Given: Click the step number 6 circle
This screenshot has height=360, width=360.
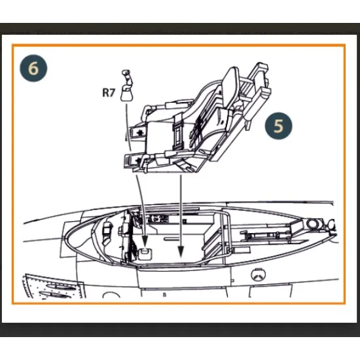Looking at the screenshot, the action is [x=33, y=68].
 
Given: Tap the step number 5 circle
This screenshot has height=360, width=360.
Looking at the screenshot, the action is [x=278, y=126].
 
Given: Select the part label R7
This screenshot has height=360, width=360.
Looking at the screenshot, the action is [x=108, y=93].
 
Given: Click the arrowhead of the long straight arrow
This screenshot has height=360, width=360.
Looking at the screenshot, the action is [x=181, y=251].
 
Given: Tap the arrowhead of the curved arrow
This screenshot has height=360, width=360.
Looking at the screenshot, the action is [x=145, y=240].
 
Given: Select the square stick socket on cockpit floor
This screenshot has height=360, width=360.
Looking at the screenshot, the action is [x=145, y=254].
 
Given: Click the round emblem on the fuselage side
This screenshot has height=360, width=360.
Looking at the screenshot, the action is [x=258, y=275].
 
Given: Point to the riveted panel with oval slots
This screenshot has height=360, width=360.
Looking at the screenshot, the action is [x=53, y=287].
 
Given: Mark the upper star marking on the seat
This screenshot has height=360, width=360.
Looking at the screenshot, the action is [x=139, y=132].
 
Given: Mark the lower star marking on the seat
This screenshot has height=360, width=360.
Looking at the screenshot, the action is [x=138, y=160].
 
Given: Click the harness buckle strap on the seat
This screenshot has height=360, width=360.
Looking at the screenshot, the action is [x=177, y=132].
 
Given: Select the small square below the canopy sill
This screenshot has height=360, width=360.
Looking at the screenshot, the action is [x=232, y=281].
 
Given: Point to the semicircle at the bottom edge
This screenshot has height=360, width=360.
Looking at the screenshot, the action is [x=111, y=295].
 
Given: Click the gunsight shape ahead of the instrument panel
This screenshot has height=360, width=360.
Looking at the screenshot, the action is [x=107, y=232].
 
